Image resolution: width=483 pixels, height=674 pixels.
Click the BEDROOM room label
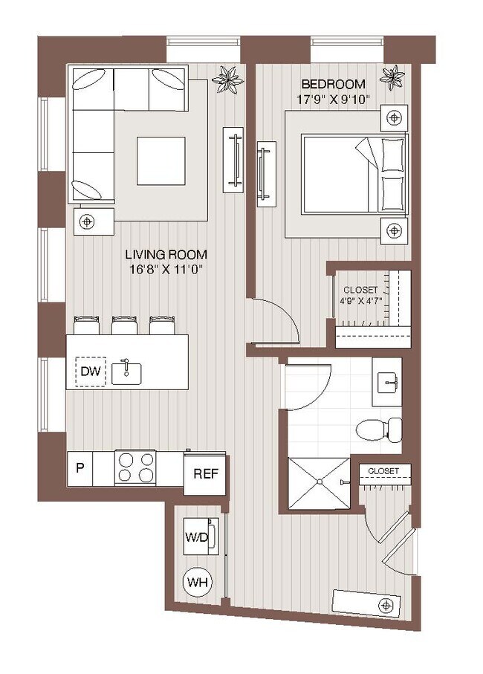(333, 83)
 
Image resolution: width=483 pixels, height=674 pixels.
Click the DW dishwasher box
(91, 371)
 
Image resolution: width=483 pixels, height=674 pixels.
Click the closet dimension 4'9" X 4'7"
(360, 302)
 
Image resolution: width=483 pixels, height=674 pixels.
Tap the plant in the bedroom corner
(392, 77)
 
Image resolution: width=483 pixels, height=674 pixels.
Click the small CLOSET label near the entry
(383, 471)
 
